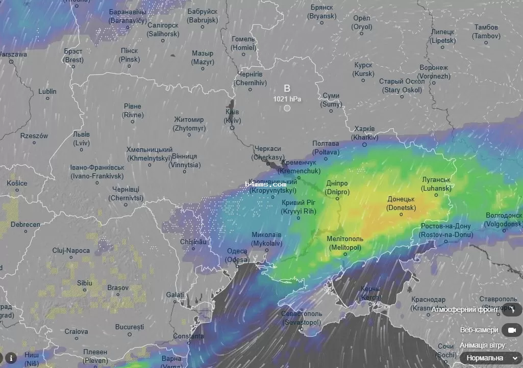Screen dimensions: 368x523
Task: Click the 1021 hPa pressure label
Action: coord(287,98)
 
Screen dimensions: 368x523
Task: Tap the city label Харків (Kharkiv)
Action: coord(364,133)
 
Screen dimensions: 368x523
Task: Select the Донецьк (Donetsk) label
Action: coord(402,203)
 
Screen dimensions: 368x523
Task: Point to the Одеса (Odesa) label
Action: coord(237,255)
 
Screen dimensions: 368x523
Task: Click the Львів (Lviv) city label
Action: coord(81,139)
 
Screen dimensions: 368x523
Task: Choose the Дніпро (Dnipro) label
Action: coord(337,188)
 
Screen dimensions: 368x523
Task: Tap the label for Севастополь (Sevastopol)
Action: coord(302,318)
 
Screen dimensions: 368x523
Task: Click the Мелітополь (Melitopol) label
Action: coord(345,243)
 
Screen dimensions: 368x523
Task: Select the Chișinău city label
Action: coord(193,242)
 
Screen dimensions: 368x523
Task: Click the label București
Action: coord(130,326)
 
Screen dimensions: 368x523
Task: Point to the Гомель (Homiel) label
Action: coord(243,43)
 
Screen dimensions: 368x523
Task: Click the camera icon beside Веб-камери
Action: coord(511,330)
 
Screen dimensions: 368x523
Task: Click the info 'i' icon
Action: coord(11,357)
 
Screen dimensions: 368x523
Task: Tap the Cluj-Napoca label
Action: coord(71,251)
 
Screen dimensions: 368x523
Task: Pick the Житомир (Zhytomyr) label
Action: coord(189,124)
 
